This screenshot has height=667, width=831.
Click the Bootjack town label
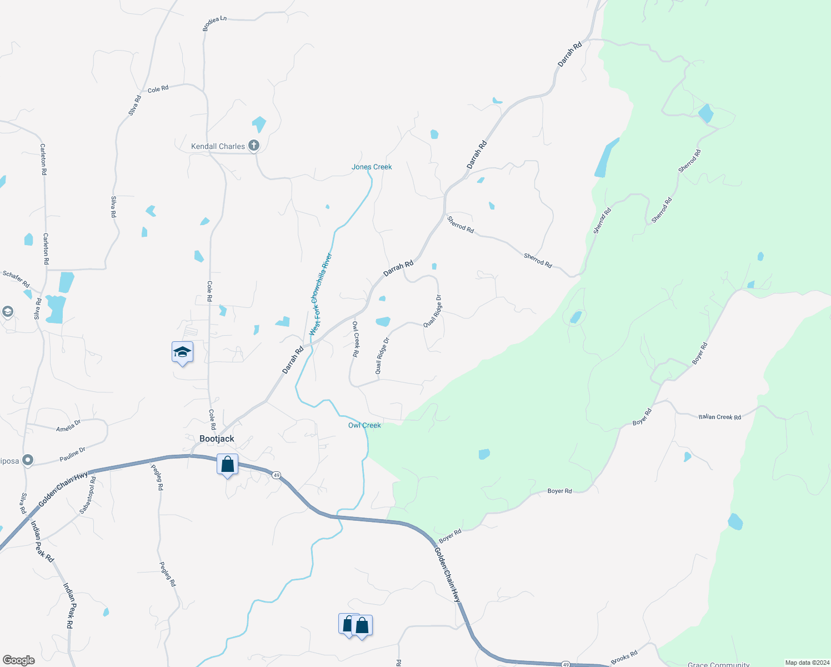click(x=217, y=439)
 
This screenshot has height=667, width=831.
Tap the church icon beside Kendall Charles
click(x=254, y=146)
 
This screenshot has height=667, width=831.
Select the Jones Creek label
click(x=372, y=167)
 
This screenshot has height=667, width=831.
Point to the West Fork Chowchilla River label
click(x=321, y=295)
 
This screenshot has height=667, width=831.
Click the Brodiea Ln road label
click(x=214, y=23)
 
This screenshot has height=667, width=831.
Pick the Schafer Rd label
click(x=16, y=279)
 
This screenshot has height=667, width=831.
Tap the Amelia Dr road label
click(x=68, y=426)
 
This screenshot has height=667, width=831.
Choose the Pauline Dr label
click(x=73, y=455)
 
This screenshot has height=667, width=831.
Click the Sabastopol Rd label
click(x=88, y=495)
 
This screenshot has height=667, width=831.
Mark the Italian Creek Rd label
click(x=719, y=416)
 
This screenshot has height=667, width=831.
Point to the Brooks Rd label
click(x=624, y=657)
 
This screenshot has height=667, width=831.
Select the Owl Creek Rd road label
click(x=356, y=339)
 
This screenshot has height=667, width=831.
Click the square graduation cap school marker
click(x=182, y=352)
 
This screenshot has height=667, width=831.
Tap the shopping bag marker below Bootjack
click(x=227, y=465)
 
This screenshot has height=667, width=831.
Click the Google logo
click(x=19, y=660)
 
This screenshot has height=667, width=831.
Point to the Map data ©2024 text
click(x=805, y=663)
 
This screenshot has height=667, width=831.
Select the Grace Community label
click(x=718, y=664)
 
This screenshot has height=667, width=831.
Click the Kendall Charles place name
click(x=218, y=146)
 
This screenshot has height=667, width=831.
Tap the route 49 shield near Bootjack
click(x=276, y=475)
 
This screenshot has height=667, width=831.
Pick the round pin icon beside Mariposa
click(x=27, y=460)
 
